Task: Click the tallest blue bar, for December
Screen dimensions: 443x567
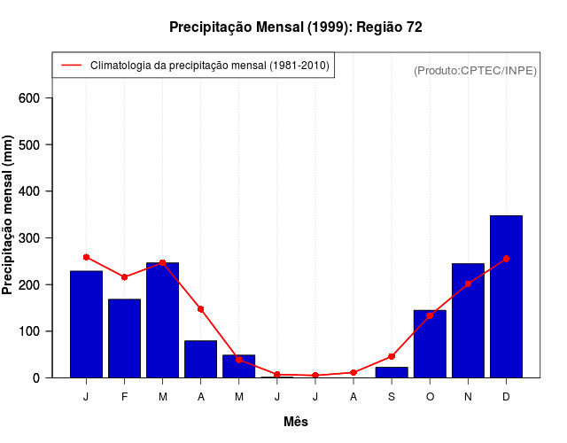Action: point(506,297)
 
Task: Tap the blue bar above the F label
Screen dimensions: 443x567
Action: point(124,338)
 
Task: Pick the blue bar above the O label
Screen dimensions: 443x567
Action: point(430,344)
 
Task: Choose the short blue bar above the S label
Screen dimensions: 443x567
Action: point(391,372)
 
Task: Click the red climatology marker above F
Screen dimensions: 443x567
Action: point(124,277)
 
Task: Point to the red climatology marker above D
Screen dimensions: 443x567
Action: point(506,259)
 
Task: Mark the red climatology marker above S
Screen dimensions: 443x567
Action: point(391,357)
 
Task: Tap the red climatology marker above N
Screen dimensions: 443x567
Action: point(468,284)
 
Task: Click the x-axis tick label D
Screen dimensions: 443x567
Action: point(506,397)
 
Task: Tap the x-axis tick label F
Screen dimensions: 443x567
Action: point(124,397)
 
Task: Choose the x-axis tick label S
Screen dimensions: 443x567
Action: point(391,397)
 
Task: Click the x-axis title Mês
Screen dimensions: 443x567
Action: point(296,422)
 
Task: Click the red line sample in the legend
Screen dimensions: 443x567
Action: point(71,66)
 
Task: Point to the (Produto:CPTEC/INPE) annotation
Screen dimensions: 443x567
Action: point(475,70)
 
